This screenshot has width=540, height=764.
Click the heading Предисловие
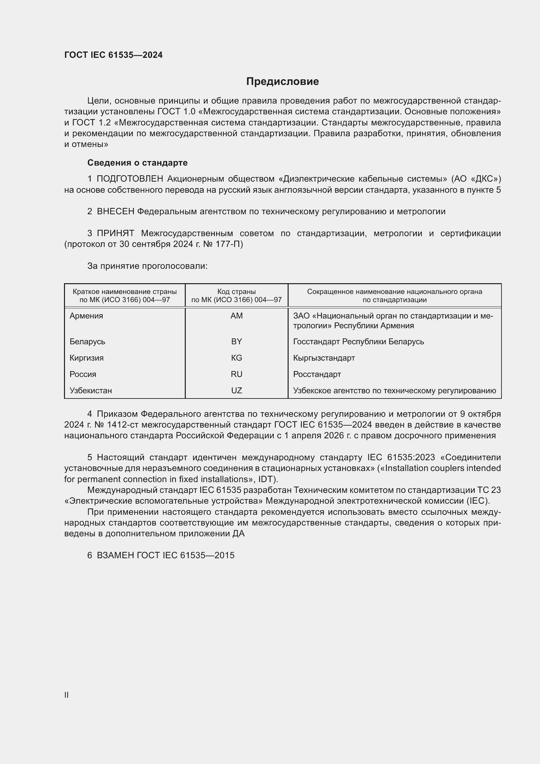(x=282, y=82)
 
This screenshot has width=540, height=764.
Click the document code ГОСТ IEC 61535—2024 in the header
(x=113, y=55)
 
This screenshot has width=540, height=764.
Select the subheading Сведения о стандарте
(x=137, y=163)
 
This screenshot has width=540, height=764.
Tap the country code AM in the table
(x=236, y=316)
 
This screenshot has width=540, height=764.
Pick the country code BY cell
(x=236, y=342)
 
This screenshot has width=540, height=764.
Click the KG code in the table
(x=236, y=358)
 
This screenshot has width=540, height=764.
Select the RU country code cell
(x=236, y=374)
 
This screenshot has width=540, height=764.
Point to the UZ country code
(x=236, y=391)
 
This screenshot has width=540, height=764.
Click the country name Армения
(x=86, y=316)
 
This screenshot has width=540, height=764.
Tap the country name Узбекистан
(x=91, y=391)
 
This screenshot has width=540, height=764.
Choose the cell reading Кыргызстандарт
(x=324, y=358)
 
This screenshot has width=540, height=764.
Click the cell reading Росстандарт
(x=317, y=374)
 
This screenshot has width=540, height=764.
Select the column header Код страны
(x=236, y=292)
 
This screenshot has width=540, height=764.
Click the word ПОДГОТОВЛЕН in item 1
(x=130, y=179)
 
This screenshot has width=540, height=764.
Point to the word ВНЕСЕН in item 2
(x=115, y=212)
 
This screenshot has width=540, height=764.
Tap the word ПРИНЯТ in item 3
(x=115, y=233)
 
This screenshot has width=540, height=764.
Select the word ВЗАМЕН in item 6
(x=115, y=555)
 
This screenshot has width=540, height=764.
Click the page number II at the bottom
(x=67, y=695)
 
